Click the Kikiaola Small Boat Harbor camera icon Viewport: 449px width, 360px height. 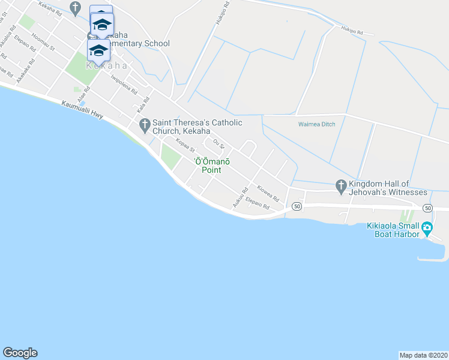tap(427, 227)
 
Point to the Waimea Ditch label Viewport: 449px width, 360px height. tap(316, 124)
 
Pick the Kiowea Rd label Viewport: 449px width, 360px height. tap(268, 192)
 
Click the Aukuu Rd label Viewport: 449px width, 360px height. tap(241, 199)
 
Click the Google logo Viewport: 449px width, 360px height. tap(20, 353)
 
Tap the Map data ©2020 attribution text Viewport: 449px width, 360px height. tap(423, 355)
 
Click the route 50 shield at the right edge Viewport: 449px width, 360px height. tap(427, 208)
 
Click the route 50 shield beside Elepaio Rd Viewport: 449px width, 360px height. tap(296, 206)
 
